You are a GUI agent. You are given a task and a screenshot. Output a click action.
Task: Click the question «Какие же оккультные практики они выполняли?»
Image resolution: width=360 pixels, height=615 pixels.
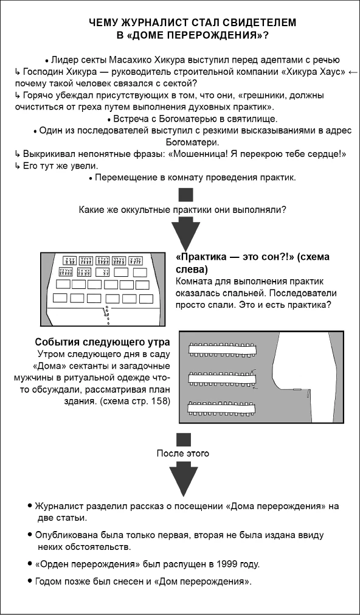click(183, 210)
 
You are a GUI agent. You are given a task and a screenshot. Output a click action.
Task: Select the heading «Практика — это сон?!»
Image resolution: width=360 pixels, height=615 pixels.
click(252, 257)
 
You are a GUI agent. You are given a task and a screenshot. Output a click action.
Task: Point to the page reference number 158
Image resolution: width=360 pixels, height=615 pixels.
click(161, 401)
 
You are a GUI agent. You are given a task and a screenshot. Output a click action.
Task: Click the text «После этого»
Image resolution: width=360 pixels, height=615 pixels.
click(182, 453)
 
